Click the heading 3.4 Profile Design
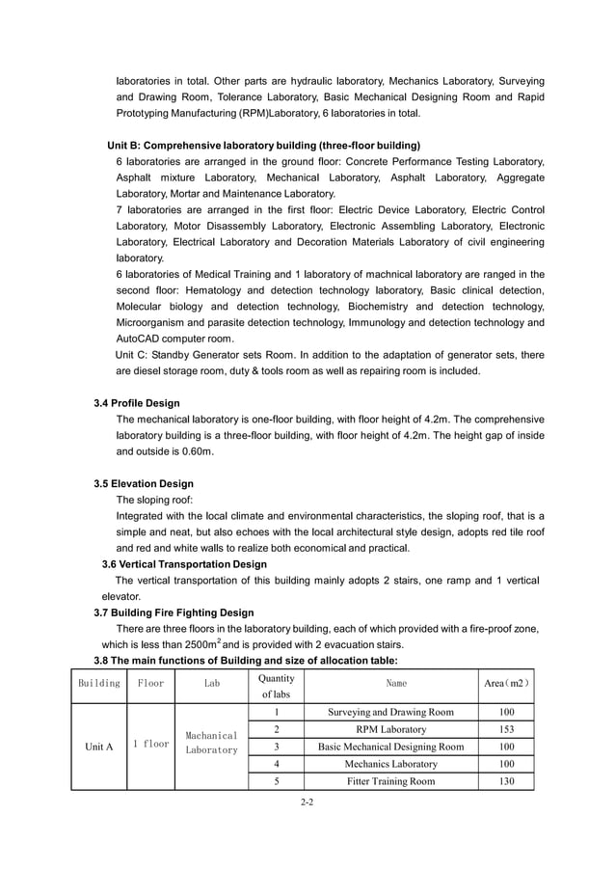coord(136,403)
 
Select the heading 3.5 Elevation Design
coord(144,483)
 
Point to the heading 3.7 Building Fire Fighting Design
coord(174,612)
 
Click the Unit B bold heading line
coord(263,145)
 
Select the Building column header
coord(98,684)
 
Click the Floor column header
coord(150,684)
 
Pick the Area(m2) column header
coord(506,684)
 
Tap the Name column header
coord(396,684)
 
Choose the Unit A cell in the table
coord(98,747)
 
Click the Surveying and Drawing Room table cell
coord(390,713)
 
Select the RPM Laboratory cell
coord(390,729)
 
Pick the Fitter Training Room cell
coord(390,781)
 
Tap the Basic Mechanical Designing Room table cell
coord(390,747)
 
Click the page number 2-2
coord(307,801)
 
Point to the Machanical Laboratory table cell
coord(211,742)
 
